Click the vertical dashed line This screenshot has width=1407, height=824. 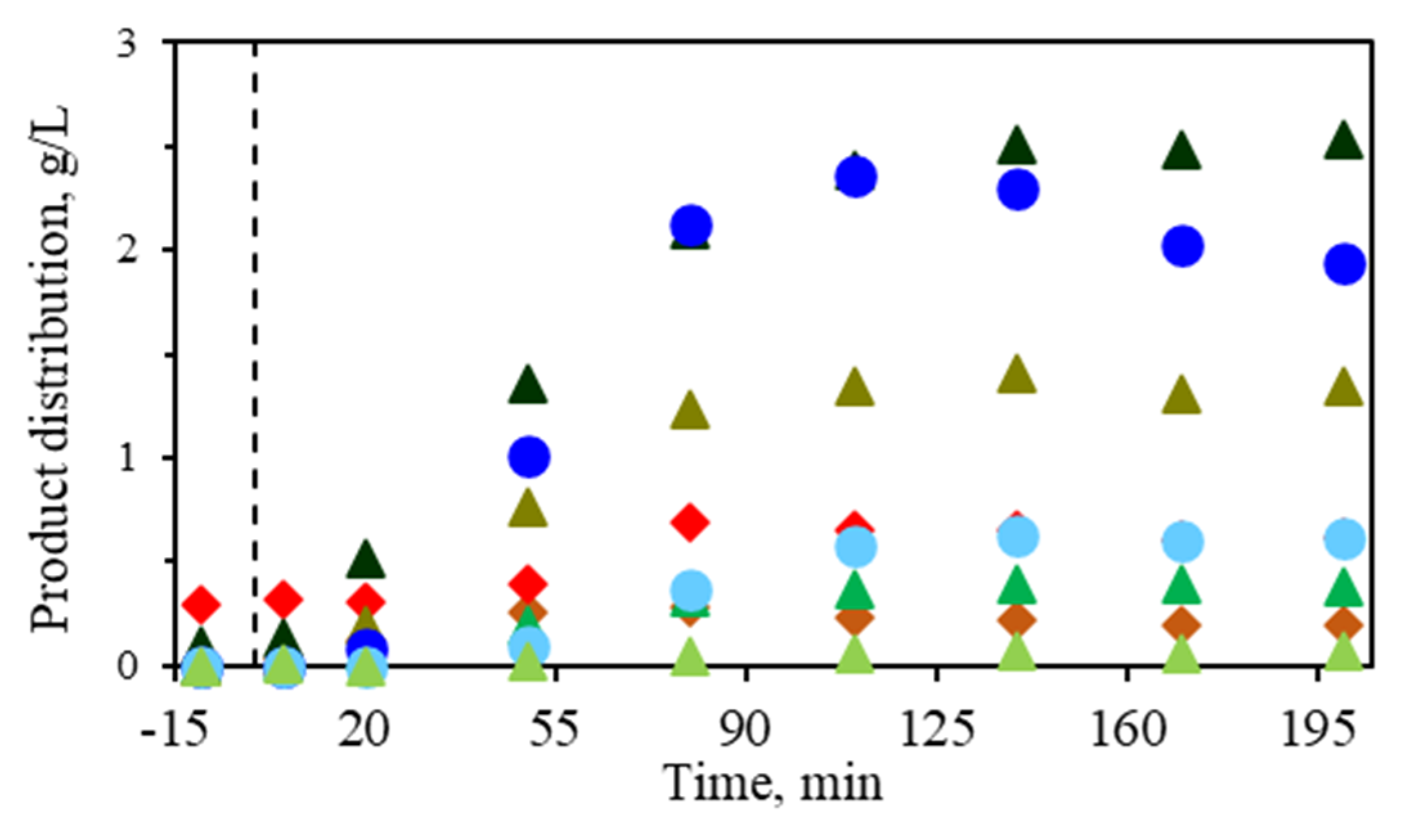coord(255,321)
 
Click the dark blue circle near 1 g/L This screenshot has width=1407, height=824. coord(529,457)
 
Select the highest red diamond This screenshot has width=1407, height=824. coord(690,521)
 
